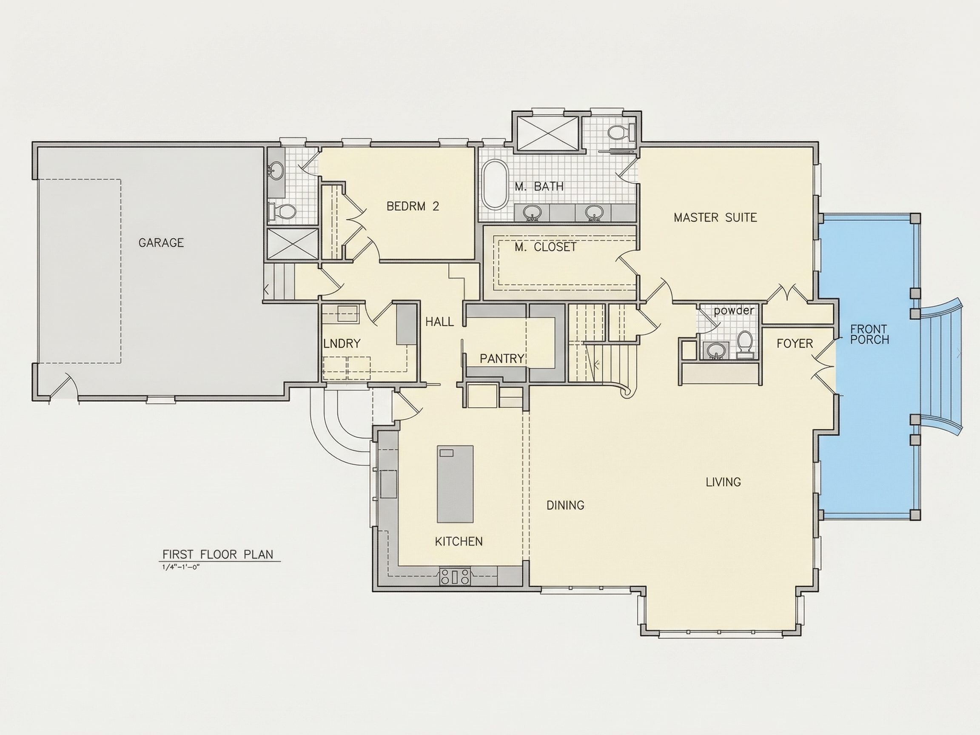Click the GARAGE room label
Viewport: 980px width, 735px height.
[x=161, y=243]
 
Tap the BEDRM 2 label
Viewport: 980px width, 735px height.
[x=413, y=206]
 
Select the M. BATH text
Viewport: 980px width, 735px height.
[x=539, y=187]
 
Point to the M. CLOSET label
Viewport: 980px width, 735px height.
[x=545, y=247]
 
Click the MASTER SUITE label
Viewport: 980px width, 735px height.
[x=715, y=217]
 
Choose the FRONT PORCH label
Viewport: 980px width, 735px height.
[x=869, y=334]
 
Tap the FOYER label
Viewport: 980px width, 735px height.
[x=795, y=343]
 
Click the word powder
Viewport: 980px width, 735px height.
[x=734, y=311]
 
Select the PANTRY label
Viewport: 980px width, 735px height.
[x=502, y=359]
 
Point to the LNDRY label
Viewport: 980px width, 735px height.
[x=342, y=343]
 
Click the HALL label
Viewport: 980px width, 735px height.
[x=439, y=322]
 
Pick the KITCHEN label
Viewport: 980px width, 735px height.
[x=459, y=541]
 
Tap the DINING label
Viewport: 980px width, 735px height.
[x=565, y=505]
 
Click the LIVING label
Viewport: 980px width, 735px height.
[x=723, y=481]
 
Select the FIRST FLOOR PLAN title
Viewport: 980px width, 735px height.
[x=217, y=554]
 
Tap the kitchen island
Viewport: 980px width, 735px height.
[x=455, y=484]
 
